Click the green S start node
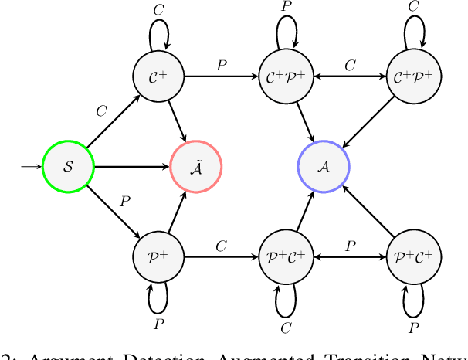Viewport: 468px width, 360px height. point(67,166)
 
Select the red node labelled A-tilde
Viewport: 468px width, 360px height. point(195,166)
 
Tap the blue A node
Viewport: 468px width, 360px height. point(324,166)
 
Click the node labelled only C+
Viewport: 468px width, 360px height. point(158,76)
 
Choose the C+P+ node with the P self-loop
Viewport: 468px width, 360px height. point(285,76)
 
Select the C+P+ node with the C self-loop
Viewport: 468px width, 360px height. point(413,76)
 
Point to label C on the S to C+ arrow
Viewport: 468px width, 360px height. point(101,111)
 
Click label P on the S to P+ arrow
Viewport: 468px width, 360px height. point(124,202)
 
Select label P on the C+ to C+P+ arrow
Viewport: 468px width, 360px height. point(222,65)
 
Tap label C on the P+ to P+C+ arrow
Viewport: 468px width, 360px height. point(222,246)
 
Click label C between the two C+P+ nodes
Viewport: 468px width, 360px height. point(349,65)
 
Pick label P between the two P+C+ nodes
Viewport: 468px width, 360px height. point(349,246)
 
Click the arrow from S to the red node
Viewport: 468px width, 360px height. point(131,166)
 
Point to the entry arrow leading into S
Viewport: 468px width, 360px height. point(29,166)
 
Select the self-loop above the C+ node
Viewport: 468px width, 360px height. point(158,32)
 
